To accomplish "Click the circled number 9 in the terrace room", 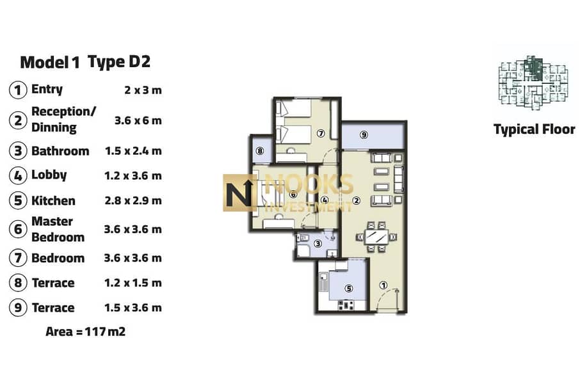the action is [x=364, y=134].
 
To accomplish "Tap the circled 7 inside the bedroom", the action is [x=321, y=133].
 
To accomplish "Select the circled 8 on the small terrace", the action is [x=260, y=151].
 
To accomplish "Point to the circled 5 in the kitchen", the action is [x=348, y=288].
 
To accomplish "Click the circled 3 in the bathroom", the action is [x=318, y=243].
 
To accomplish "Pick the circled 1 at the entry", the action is [x=383, y=285].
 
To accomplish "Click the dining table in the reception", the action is [x=376, y=237].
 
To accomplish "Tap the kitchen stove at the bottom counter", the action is [x=346, y=305].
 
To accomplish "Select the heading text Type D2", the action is [x=119, y=62].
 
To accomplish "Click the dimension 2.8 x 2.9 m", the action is [x=133, y=200].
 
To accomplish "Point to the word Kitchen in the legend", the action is [x=53, y=200].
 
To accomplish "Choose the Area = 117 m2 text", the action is [x=85, y=332].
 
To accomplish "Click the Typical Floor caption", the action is [x=534, y=129].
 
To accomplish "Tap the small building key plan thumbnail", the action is [x=533, y=83].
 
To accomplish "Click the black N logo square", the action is [x=239, y=193].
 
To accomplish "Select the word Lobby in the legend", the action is [x=49, y=175].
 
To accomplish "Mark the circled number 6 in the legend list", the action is [x=18, y=229].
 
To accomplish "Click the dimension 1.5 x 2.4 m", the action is [x=133, y=151].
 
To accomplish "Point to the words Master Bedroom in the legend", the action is [x=58, y=229].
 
